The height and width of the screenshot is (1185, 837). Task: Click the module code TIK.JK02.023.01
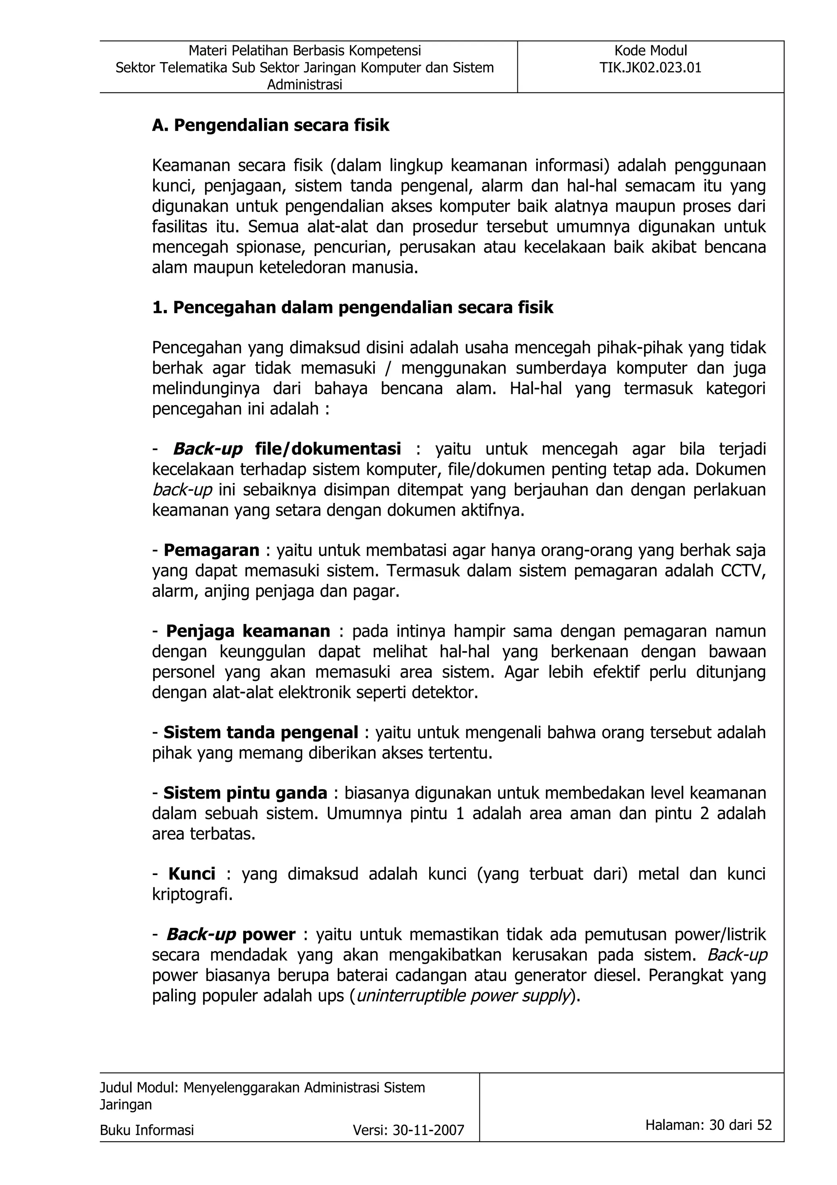(x=650, y=67)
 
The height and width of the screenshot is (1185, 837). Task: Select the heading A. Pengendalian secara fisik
(x=270, y=126)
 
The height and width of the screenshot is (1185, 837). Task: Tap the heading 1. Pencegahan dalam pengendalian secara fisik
(x=352, y=307)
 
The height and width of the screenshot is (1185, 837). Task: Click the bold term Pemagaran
(x=211, y=551)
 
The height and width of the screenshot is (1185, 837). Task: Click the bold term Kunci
(x=192, y=874)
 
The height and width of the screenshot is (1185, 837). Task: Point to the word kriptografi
(x=192, y=894)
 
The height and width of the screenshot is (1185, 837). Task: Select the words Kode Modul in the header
(x=650, y=51)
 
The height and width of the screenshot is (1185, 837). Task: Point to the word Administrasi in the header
(x=304, y=85)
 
